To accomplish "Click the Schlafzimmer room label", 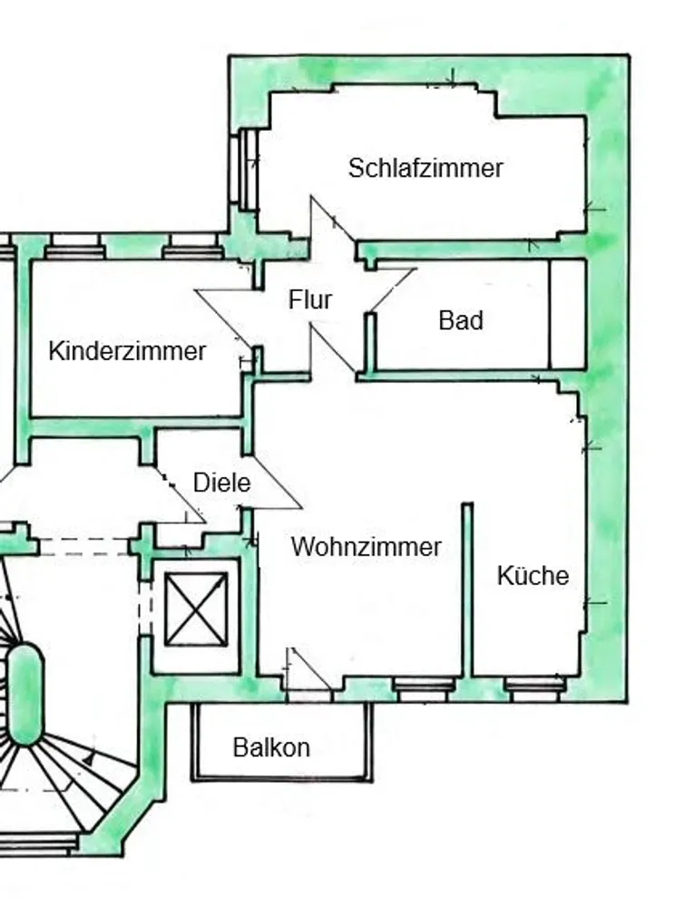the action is (425, 168).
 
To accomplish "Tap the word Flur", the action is (310, 299).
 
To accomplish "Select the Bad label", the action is (461, 320).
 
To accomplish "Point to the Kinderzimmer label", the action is (127, 351).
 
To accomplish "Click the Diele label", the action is (221, 483).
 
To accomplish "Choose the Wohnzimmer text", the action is (366, 547).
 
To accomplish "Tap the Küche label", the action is (532, 576).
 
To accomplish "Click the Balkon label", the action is (271, 747).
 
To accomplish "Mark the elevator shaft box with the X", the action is (196, 609).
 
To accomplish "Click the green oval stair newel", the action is (24, 694).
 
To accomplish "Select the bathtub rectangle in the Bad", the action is (567, 314).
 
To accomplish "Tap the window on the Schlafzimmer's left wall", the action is (244, 169).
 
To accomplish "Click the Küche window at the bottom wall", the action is (533, 689).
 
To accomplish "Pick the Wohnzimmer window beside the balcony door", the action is (424, 689).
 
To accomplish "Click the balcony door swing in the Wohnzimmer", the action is (309, 668).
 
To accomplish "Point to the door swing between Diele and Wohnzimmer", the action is (277, 483).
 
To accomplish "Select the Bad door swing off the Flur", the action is (391, 290).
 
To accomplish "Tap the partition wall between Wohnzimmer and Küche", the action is (467, 589).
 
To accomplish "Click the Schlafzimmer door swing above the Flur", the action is (333, 219).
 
